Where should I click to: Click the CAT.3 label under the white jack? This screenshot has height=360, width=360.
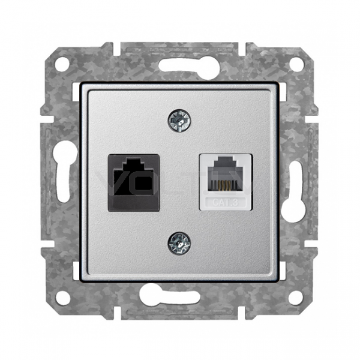225,202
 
